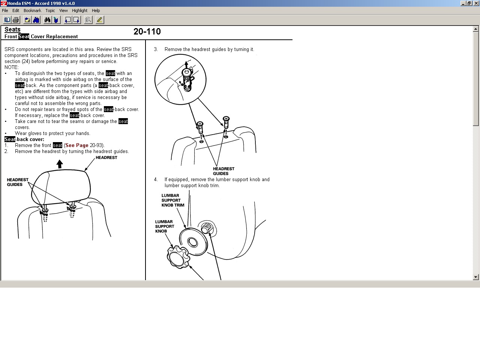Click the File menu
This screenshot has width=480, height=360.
(x=5, y=10)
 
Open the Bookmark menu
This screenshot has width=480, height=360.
(x=32, y=10)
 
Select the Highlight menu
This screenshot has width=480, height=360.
(x=79, y=10)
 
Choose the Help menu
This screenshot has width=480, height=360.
(x=96, y=10)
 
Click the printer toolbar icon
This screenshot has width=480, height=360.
(x=16, y=20)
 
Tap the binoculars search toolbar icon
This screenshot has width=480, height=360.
(x=47, y=20)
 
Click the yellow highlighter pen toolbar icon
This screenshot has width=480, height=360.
(x=100, y=20)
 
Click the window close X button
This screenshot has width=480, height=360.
(x=476, y=3)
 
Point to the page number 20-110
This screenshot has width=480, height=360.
(x=147, y=31)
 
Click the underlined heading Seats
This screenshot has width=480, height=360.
(x=12, y=30)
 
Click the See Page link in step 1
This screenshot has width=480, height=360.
(x=77, y=145)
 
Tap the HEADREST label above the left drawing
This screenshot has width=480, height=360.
(x=106, y=157)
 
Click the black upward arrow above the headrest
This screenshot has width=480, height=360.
(x=60, y=164)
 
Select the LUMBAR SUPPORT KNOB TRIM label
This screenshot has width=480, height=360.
(x=173, y=200)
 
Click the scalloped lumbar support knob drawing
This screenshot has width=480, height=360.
(x=178, y=257)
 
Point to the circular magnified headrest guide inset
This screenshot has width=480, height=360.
(x=180, y=79)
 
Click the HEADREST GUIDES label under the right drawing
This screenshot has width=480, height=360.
(x=223, y=171)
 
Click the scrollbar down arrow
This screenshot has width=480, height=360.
(x=475, y=277)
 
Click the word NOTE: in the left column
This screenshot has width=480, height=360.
(x=12, y=67)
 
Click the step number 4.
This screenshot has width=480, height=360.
(x=156, y=180)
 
